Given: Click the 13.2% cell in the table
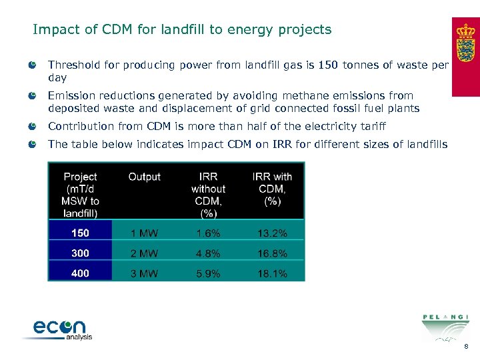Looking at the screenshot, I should (x=272, y=233).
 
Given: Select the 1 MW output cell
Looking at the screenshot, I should (x=145, y=233).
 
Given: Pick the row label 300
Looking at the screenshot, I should (x=80, y=253).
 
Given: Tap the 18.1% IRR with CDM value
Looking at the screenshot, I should (x=272, y=273).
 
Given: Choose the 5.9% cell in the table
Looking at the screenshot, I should (x=208, y=273).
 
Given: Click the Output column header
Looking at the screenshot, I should (x=145, y=177).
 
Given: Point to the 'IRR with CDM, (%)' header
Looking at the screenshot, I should (x=272, y=189).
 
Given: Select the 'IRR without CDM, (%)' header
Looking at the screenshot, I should (x=208, y=195).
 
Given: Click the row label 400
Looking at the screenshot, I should (x=80, y=273).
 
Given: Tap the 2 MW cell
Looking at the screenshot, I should (x=145, y=253).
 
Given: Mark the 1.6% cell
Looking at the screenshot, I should (x=208, y=233).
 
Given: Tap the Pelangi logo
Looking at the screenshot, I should (x=445, y=327).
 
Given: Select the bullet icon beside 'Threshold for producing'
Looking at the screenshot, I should (x=33, y=65).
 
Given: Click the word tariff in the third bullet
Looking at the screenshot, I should (x=371, y=127).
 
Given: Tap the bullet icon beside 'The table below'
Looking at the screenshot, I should (x=33, y=144).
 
